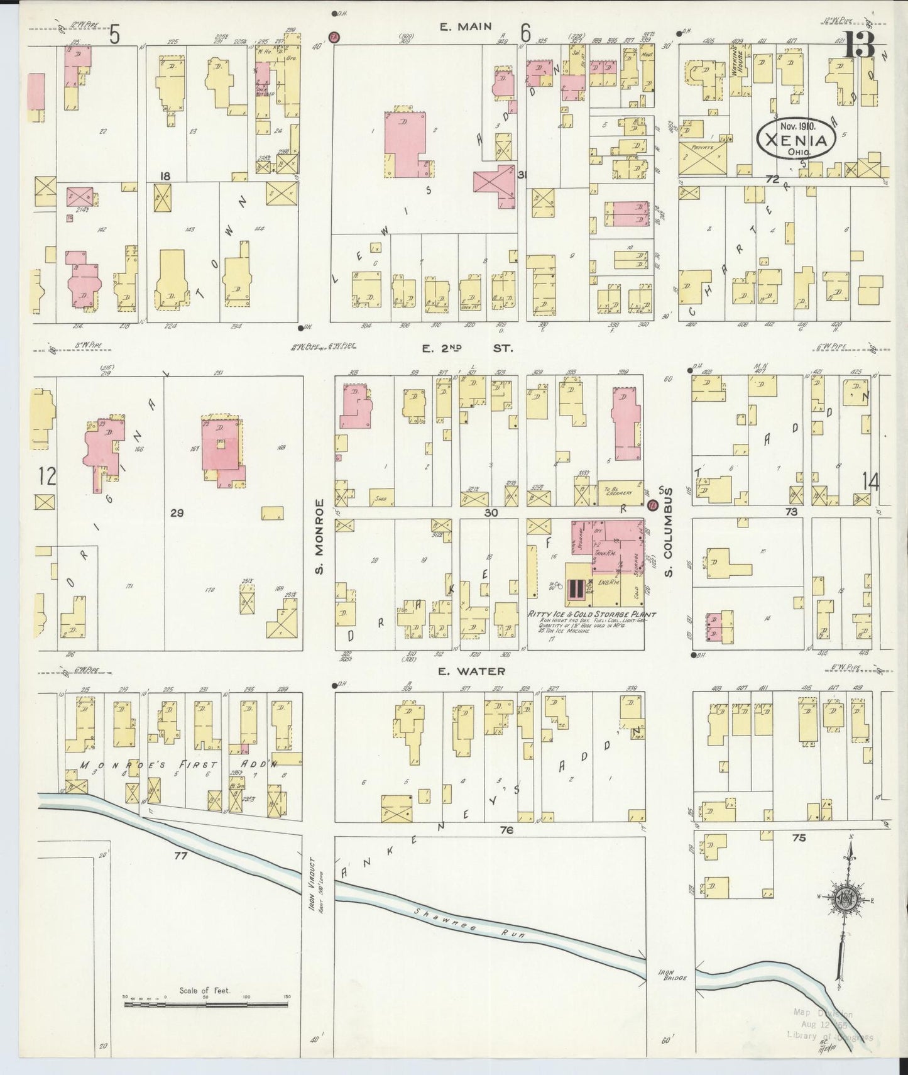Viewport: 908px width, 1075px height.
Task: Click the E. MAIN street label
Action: [465, 26]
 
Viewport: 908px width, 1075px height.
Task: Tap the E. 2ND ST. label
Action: [468, 348]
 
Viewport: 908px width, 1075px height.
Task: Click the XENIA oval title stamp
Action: [796, 139]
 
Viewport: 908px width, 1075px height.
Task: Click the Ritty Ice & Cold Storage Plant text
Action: [591, 614]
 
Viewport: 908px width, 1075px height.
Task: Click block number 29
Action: [177, 514]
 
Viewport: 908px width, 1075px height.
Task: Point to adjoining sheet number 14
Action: [870, 482]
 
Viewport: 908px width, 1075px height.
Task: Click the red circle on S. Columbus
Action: [652, 504]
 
